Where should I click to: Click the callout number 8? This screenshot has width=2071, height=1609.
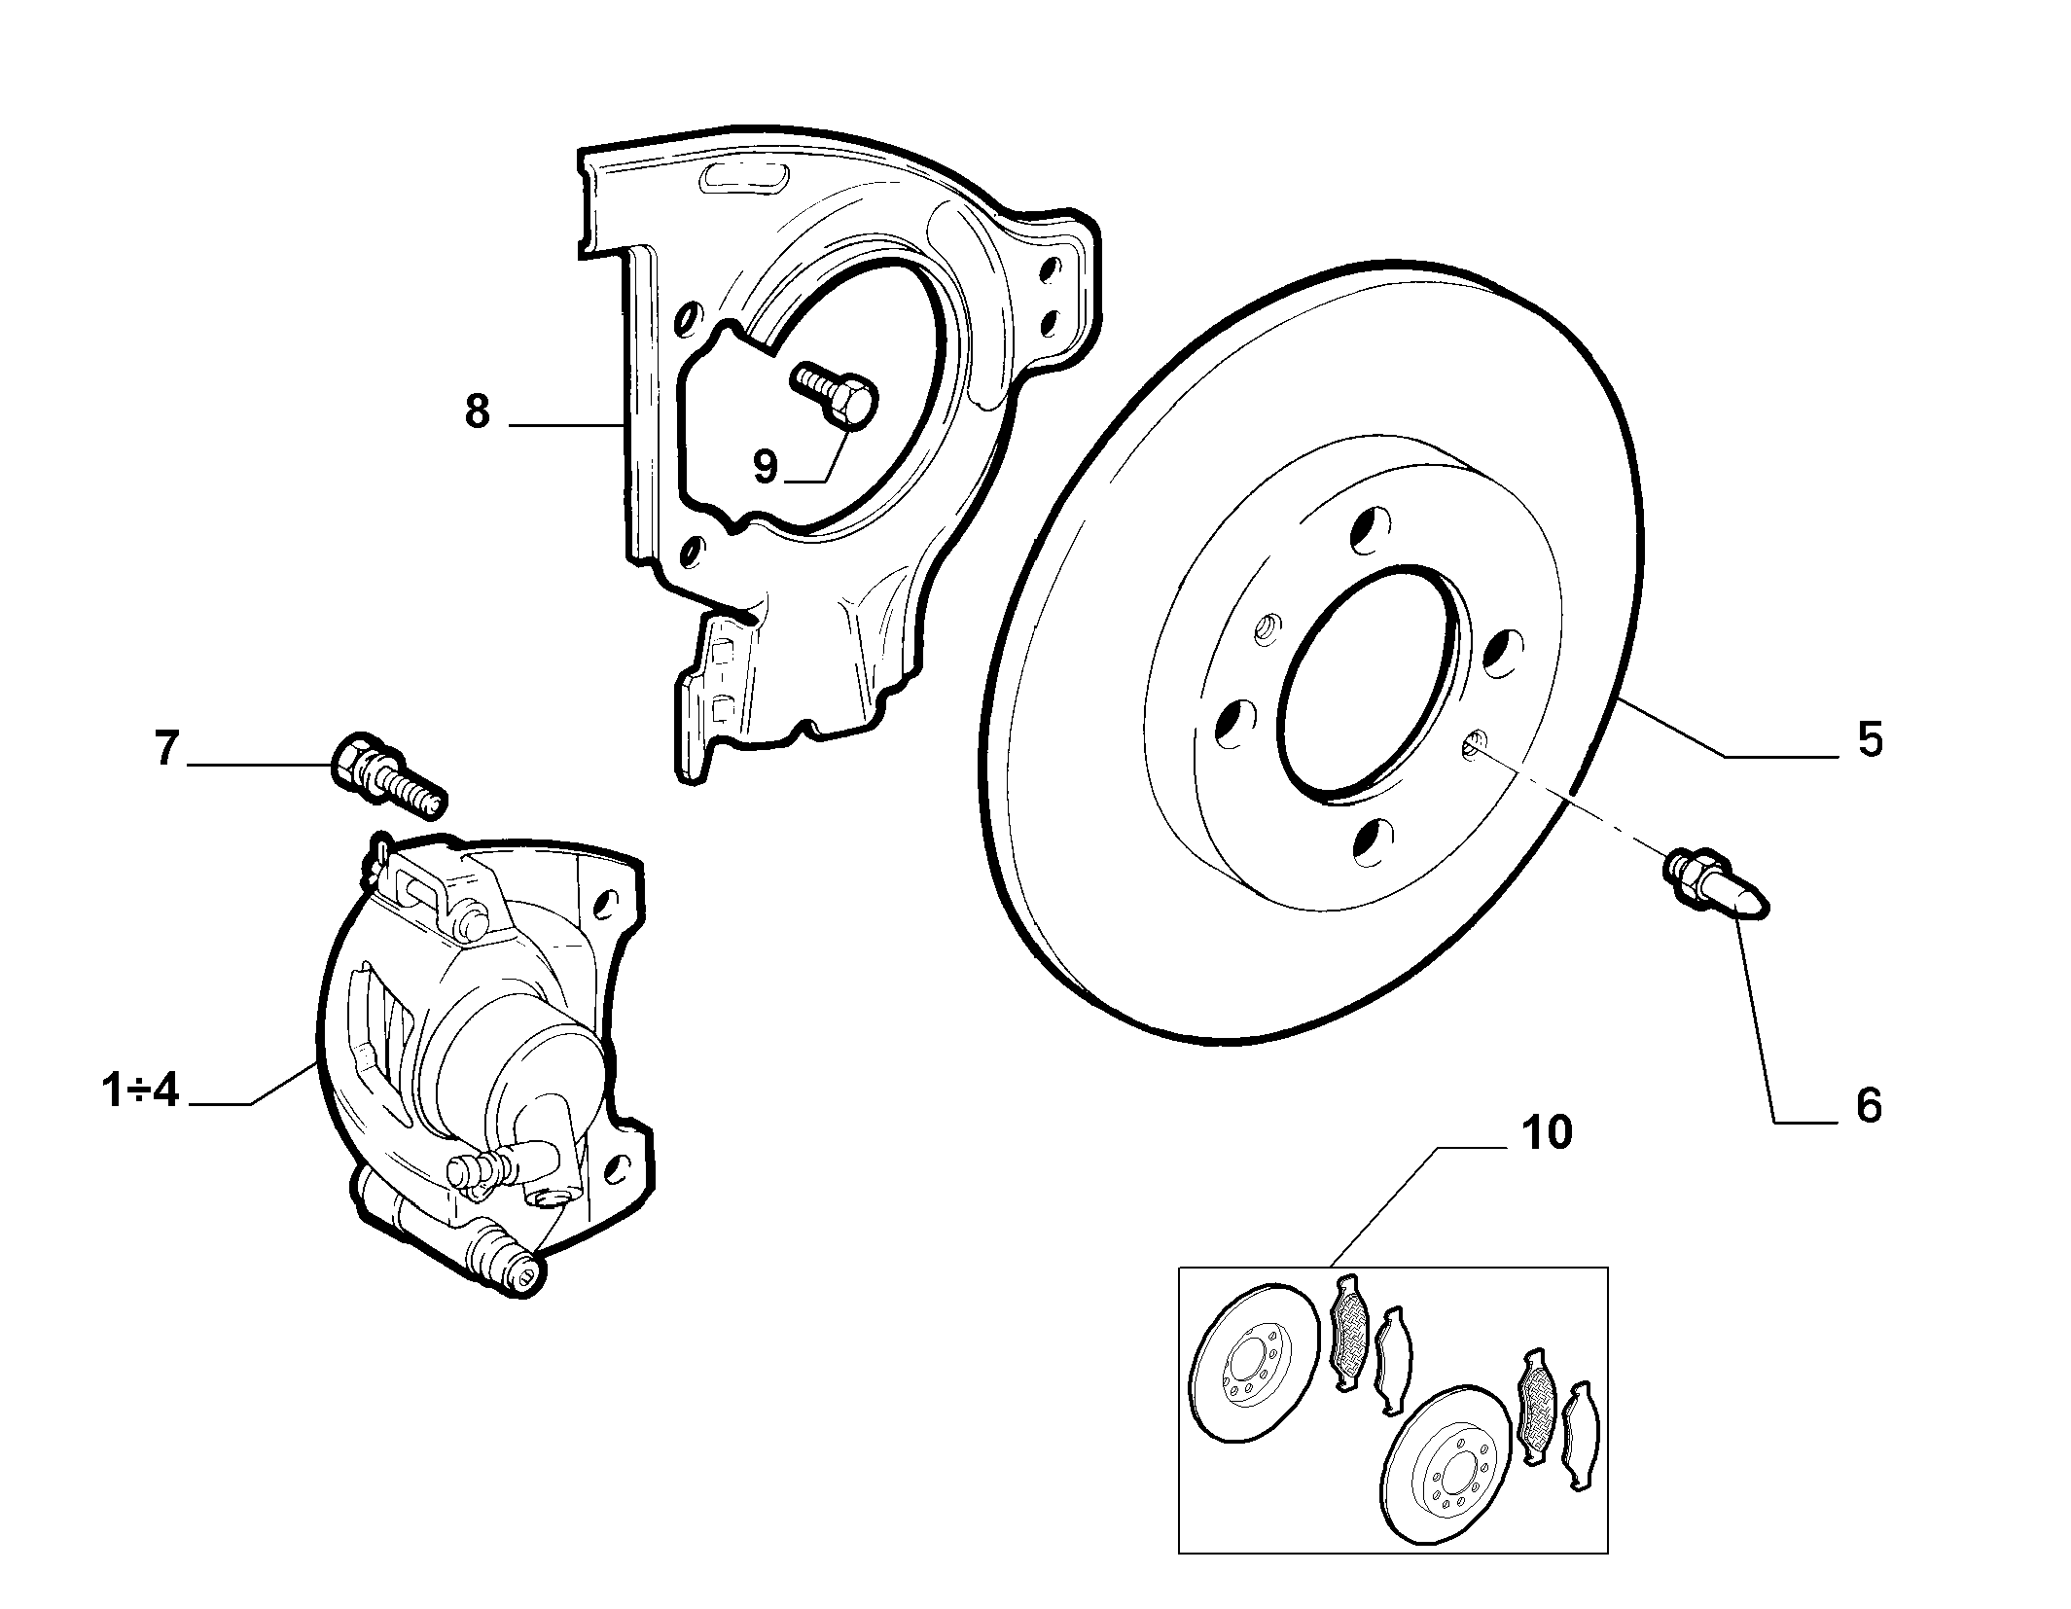coord(477,412)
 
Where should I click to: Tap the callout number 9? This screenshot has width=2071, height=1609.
coord(767,467)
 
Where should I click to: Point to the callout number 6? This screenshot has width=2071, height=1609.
coord(1869,1105)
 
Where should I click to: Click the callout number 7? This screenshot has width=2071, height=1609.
coord(166,748)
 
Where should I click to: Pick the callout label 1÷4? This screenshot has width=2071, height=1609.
coord(140,1091)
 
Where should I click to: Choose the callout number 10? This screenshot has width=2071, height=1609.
coord(1547,1133)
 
